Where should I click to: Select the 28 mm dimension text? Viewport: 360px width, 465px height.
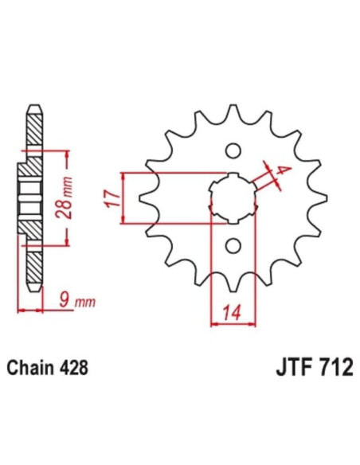click(70, 197)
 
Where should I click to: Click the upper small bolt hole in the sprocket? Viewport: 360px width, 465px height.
click(233, 150)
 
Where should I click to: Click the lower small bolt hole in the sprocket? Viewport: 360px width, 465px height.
click(233, 245)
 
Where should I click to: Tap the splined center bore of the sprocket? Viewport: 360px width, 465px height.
click(233, 197)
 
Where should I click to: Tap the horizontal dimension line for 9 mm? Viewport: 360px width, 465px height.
click(40, 309)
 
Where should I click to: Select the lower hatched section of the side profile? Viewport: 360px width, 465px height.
click(33, 255)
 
